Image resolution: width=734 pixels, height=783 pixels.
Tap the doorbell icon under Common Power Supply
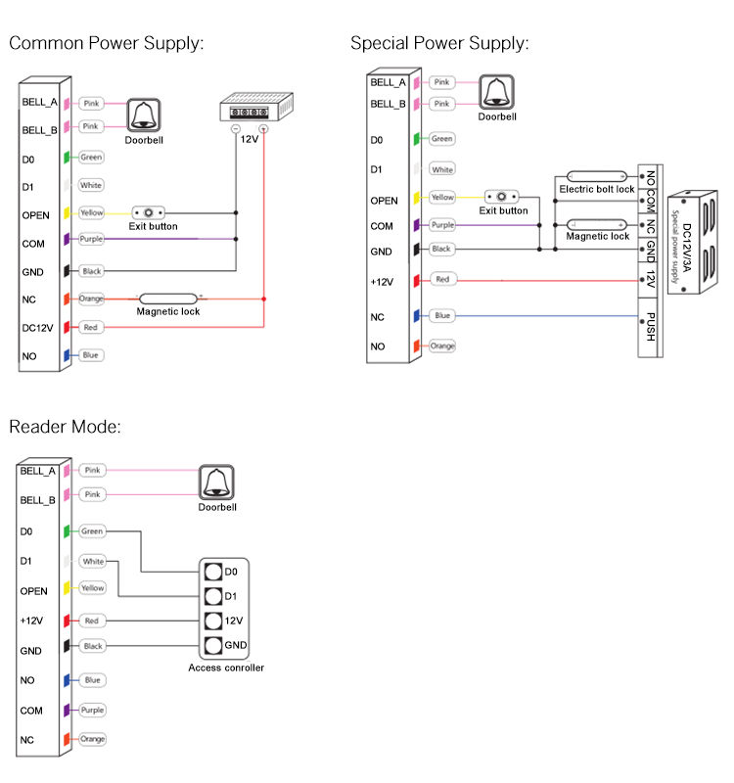144,115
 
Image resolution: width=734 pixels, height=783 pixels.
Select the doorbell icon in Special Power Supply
496,92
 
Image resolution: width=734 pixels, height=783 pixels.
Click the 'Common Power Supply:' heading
106,43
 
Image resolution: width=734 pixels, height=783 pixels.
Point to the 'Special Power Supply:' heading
439,43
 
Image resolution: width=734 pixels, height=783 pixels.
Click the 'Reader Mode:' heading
64,426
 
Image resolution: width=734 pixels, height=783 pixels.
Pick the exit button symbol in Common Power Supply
148,212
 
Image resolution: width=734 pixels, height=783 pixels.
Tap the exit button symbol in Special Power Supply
503,197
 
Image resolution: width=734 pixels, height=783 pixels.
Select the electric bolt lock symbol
595,175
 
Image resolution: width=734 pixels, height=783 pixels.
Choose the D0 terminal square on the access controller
211,572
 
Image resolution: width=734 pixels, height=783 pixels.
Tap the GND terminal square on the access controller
211,645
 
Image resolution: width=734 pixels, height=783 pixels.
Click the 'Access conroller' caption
226,668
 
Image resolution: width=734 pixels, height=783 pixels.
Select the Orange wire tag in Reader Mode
92,739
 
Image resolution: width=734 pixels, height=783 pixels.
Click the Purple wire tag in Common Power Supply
91,239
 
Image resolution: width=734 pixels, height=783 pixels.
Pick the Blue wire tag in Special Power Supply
441,316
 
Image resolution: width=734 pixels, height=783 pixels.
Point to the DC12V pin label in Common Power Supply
36,328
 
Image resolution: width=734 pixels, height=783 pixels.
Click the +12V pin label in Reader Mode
33,621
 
